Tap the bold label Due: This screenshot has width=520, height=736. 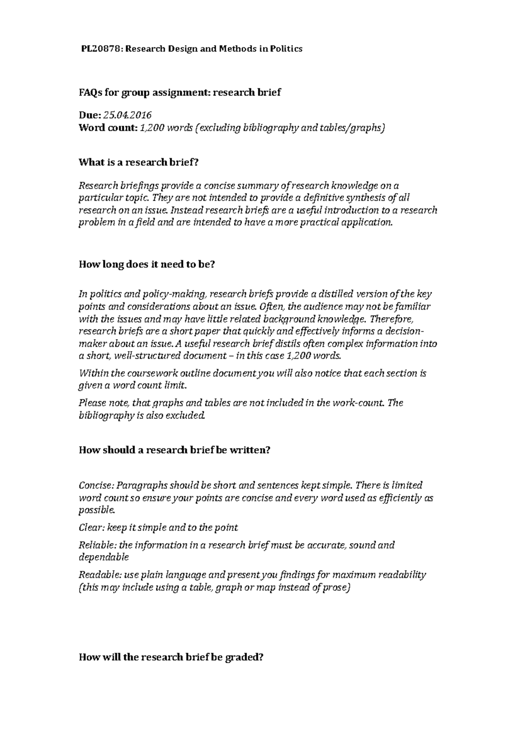(x=90, y=115)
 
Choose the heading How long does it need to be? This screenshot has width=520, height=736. (x=146, y=265)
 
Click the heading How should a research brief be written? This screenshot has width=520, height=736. (x=174, y=450)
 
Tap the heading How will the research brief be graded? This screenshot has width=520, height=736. (x=171, y=657)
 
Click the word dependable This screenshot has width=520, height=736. (x=104, y=557)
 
